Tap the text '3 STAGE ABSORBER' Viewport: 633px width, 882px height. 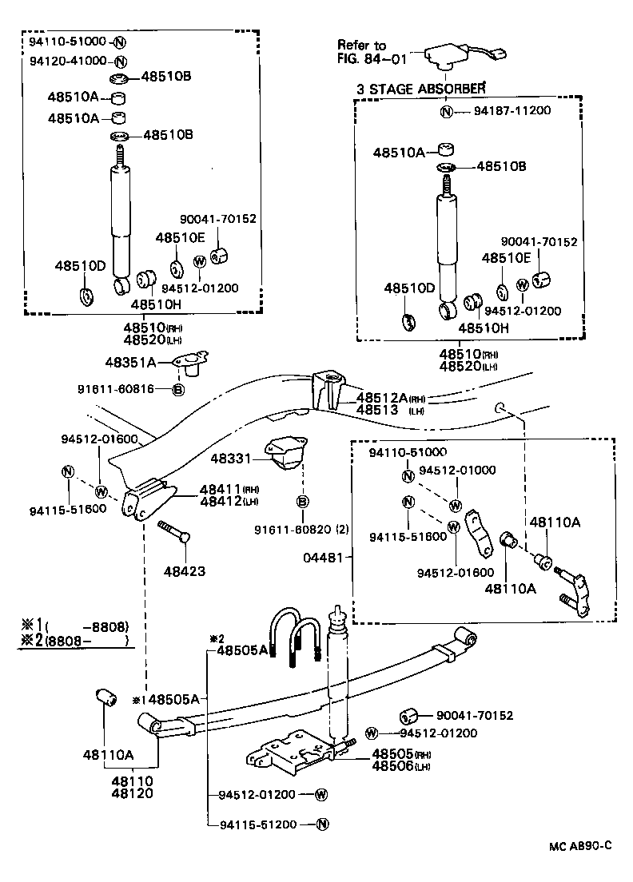click(420, 89)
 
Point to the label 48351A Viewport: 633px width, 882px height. click(130, 362)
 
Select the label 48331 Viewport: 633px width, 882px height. click(231, 459)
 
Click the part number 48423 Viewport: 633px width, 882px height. click(184, 571)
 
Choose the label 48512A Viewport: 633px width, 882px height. click(381, 397)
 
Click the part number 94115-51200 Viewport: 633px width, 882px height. click(257, 824)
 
